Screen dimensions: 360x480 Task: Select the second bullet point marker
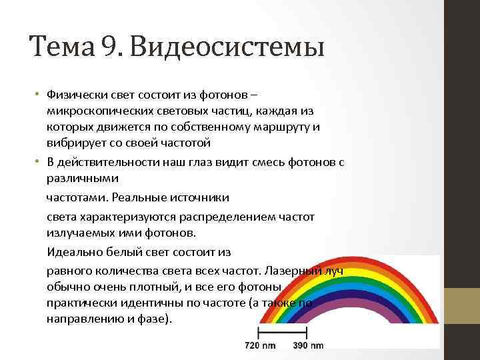pyautogui.click(x=39, y=163)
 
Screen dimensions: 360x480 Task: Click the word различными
pyautogui.click(x=82, y=179)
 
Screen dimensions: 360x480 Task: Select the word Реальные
pyautogui.click(x=141, y=197)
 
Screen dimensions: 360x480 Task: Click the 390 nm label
pyautogui.click(x=308, y=345)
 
